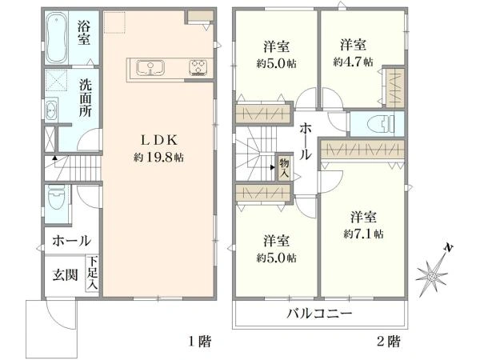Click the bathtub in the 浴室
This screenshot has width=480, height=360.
tap(56, 38)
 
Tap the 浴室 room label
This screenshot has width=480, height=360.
tap(84, 32)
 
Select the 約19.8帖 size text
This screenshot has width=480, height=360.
tap(159, 158)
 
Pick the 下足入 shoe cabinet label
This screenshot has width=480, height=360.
tap(92, 273)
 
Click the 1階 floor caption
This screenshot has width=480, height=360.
tap(200, 342)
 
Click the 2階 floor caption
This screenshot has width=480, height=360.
tap(389, 342)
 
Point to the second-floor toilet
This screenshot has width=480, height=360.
tap(380, 124)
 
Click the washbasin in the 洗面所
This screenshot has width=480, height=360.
tap(50, 112)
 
